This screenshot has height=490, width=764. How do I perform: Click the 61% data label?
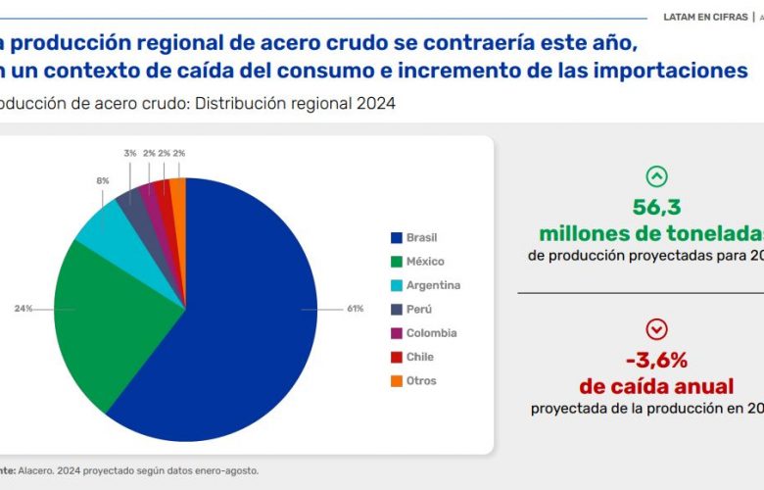[355, 309]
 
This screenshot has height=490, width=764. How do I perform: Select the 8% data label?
[103, 181]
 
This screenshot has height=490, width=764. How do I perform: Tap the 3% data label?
[129, 153]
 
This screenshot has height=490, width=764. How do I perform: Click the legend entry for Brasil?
[422, 237]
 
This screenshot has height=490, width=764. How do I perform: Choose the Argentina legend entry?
[432, 285]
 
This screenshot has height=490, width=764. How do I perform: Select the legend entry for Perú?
[419, 309]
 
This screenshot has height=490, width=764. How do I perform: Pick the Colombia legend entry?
[431, 333]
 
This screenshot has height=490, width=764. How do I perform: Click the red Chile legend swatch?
[396, 357]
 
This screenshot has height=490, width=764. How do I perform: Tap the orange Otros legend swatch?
[396, 381]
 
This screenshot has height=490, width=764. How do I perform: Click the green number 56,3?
[655, 209]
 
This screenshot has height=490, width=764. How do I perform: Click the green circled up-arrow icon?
[656, 176]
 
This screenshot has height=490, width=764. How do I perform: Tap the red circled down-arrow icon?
[656, 328]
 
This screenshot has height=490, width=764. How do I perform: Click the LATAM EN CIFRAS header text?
[705, 17]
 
